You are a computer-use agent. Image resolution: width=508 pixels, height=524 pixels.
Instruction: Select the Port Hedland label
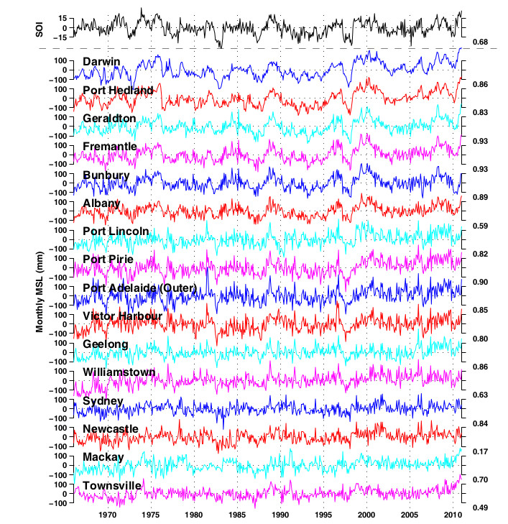[118, 90]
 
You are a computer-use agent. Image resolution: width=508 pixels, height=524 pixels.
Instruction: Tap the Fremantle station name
[110, 147]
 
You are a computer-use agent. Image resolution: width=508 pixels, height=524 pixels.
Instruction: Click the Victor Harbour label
[121, 316]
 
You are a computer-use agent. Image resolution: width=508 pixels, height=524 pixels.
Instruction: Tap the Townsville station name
[112, 486]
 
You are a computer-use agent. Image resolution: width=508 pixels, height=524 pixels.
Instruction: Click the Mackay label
[103, 457]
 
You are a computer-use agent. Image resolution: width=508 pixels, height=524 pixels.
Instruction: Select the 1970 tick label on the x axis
[108, 515]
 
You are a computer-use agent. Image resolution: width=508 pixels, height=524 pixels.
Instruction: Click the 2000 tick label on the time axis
[366, 515]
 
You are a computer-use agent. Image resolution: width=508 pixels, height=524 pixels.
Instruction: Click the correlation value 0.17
[479, 451]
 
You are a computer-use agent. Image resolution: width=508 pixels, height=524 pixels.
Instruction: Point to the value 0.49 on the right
[479, 508]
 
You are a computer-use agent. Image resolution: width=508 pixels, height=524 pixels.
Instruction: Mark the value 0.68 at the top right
[479, 42]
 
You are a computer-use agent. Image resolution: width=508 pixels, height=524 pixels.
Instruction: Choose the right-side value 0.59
[479, 226]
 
